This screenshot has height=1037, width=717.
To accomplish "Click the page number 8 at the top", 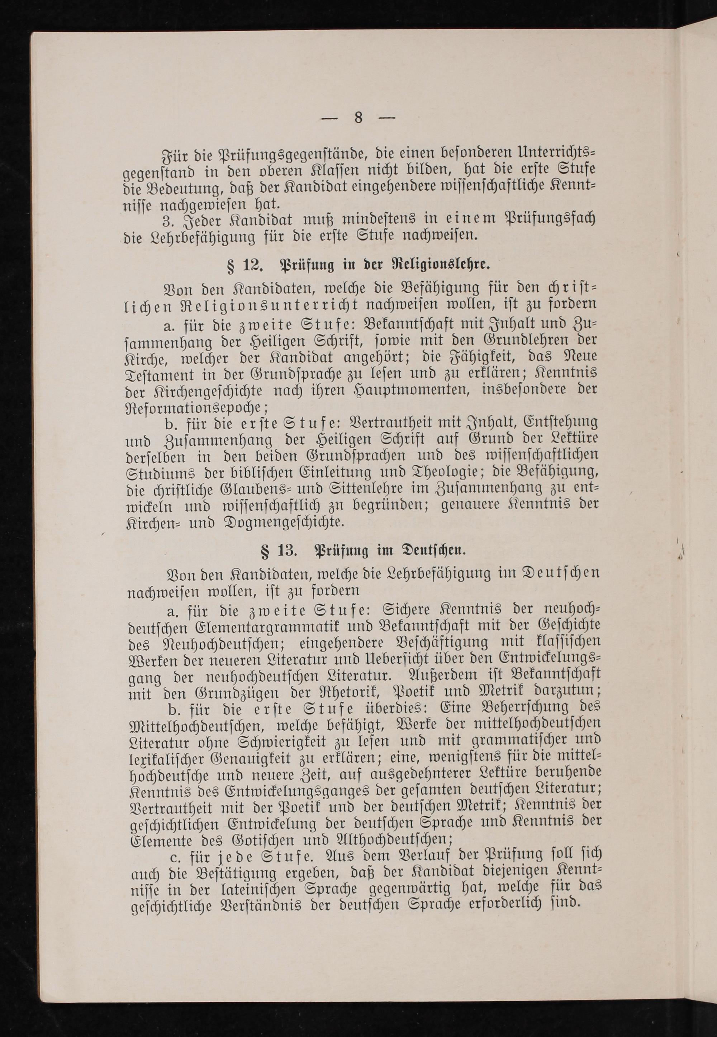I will (358, 118).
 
